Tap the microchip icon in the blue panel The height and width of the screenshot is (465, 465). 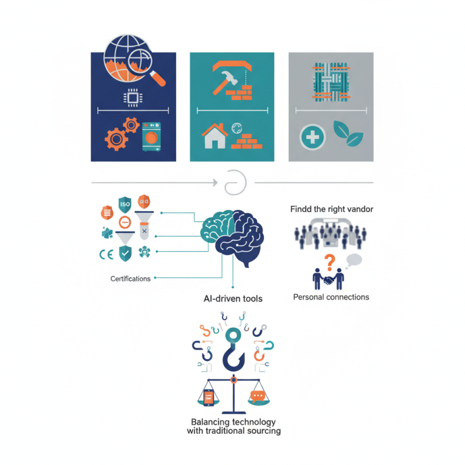[133, 98]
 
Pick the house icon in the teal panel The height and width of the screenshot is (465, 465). [213, 137]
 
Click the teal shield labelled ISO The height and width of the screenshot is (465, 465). [124, 204]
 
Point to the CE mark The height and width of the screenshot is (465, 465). [106, 253]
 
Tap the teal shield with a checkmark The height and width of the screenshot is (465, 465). [125, 253]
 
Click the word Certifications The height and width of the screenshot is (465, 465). [130, 279]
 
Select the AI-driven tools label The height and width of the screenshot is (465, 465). [233, 299]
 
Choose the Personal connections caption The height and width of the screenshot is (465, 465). [331, 297]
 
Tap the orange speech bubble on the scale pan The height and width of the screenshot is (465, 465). [257, 396]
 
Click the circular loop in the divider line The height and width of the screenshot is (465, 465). [235, 182]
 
